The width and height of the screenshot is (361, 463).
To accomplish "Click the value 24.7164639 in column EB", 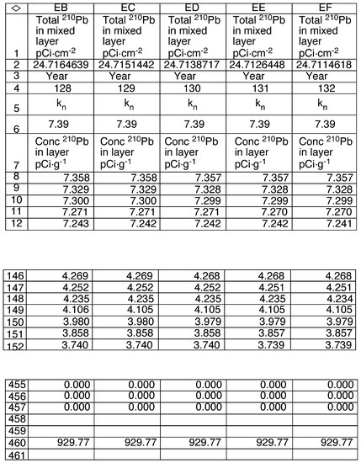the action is click(60, 64).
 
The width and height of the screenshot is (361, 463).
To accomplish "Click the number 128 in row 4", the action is click(60, 88).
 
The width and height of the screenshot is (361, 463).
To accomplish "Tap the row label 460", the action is click(13, 441).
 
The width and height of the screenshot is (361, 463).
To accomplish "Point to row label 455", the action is click(13, 384).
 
